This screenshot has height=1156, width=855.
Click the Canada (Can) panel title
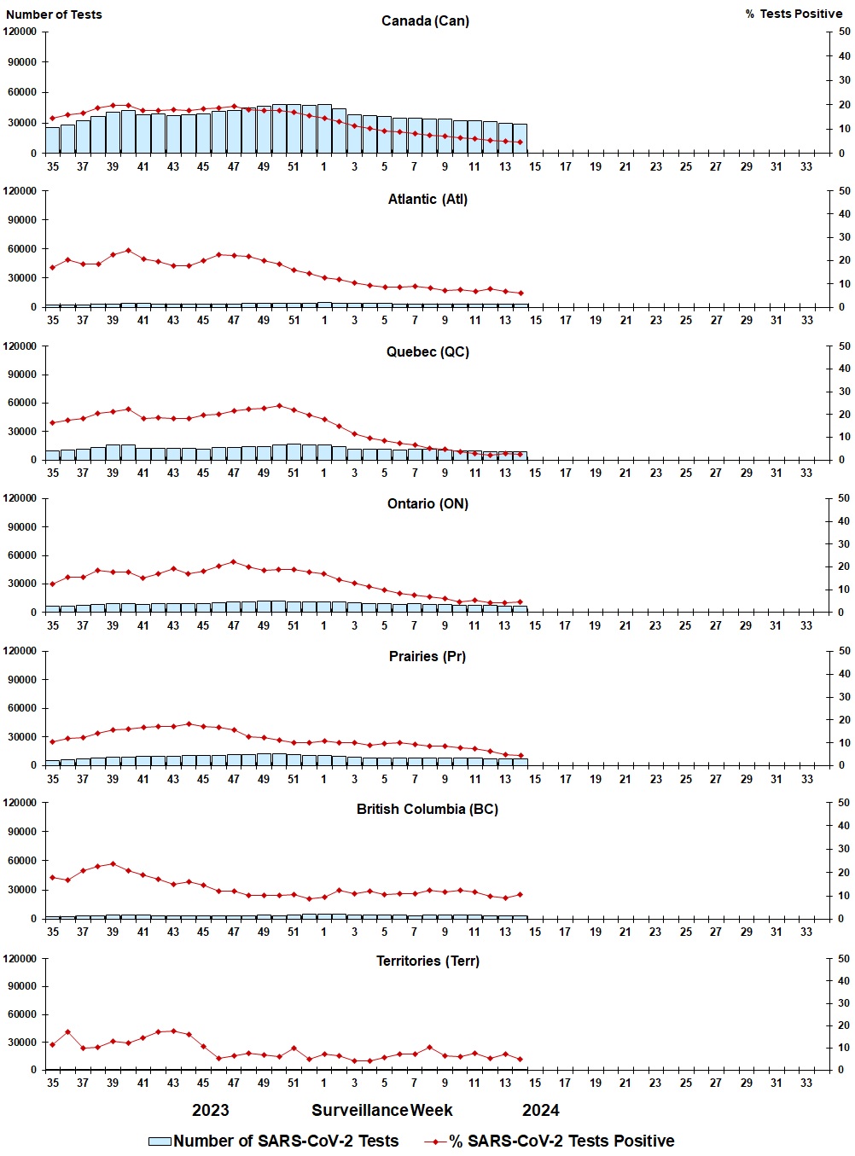pyautogui.click(x=425, y=20)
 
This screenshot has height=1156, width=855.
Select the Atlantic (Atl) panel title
pyautogui.click(x=427, y=199)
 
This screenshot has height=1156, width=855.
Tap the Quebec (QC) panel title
pyautogui.click(x=427, y=351)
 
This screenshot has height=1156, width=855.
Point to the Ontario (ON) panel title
pyautogui.click(x=427, y=503)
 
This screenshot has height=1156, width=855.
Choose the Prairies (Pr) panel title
pyautogui.click(x=427, y=656)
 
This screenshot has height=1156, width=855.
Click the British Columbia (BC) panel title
pyautogui.click(x=427, y=809)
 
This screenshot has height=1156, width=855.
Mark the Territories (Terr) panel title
pyautogui.click(x=427, y=961)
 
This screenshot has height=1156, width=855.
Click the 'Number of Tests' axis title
pyautogui.click(x=54, y=15)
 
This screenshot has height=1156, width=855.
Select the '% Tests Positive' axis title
pyautogui.click(x=794, y=14)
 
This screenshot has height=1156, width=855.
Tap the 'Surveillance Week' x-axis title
pyautogui.click(x=382, y=1110)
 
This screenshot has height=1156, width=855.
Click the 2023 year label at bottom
pyautogui.click(x=210, y=1110)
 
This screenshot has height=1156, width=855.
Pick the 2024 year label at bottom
pyautogui.click(x=541, y=1110)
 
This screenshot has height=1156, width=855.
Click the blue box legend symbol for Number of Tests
pyautogui.click(x=160, y=1141)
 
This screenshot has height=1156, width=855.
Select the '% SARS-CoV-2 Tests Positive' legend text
pyautogui.click(x=562, y=1141)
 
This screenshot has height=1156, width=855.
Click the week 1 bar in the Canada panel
pyautogui.click(x=324, y=130)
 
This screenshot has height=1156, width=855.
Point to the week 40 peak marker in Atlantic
pyautogui.click(x=128, y=251)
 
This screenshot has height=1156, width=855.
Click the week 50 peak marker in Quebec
pyautogui.click(x=279, y=406)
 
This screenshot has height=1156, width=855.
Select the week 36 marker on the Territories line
pyautogui.click(x=67, y=1032)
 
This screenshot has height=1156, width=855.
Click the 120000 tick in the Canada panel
pyautogui.click(x=20, y=32)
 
